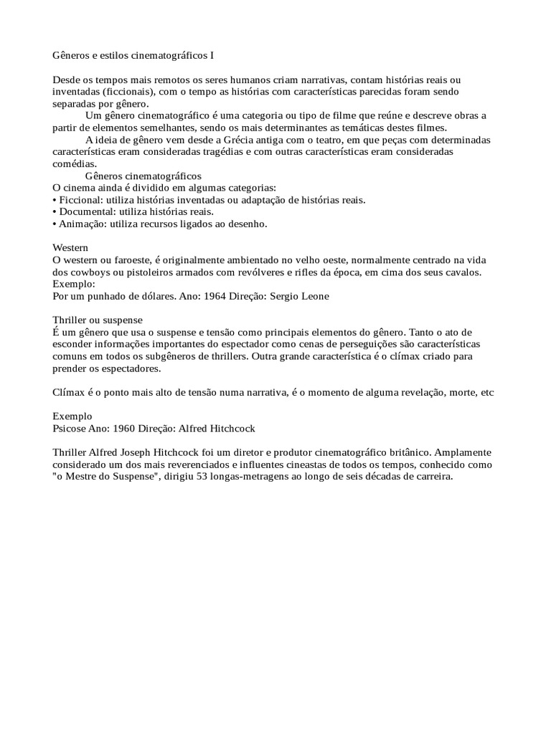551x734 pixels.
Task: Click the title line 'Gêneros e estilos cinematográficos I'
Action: (133, 54)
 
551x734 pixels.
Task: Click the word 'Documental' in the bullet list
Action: (85, 211)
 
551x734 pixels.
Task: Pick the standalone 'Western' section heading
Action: (70, 248)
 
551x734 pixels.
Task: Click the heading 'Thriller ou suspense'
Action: (98, 320)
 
